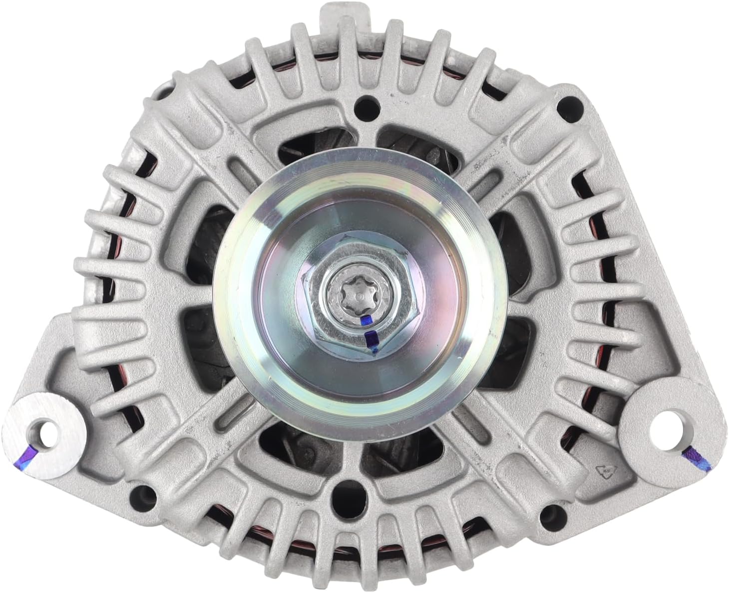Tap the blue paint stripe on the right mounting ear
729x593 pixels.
(693, 454)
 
